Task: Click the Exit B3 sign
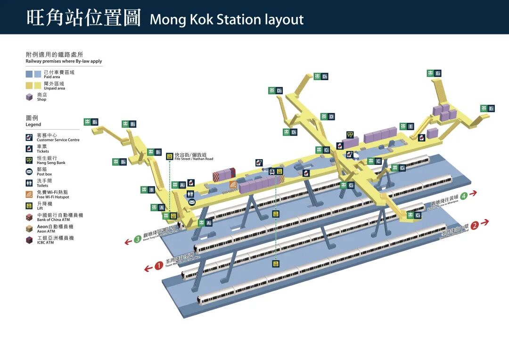91,122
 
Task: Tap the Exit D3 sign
321,76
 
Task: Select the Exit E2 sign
434,73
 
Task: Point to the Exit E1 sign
488,108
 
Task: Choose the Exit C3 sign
414,215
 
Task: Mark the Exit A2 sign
205,223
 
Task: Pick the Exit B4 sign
120,162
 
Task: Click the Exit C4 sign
398,168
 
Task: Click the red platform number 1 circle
159,266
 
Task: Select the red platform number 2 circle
475,225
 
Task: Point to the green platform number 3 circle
138,239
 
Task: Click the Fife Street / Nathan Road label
194,156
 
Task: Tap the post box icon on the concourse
192,202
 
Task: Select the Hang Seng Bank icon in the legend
29,160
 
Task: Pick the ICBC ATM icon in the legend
29,240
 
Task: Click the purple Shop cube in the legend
29,97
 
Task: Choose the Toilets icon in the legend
29,183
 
